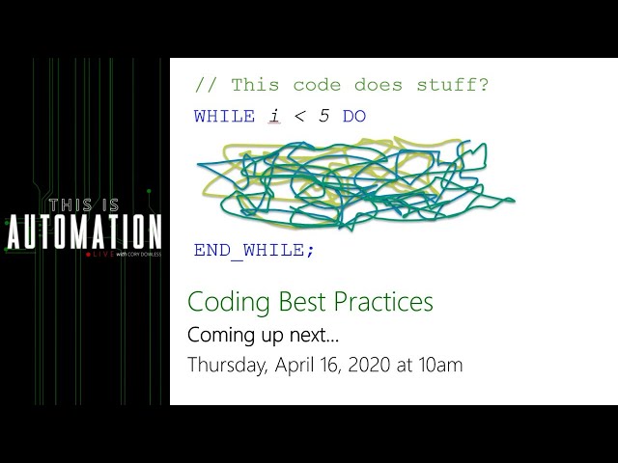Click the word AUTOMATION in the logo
point(85,232)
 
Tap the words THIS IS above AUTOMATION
point(85,204)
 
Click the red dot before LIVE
point(89,255)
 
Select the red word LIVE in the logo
point(101,255)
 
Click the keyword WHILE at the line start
point(224,117)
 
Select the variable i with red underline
point(274,117)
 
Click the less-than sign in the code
point(299,117)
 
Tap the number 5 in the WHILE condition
point(323,117)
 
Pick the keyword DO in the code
point(354,117)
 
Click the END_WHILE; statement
point(254,250)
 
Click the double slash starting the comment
point(205,85)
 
